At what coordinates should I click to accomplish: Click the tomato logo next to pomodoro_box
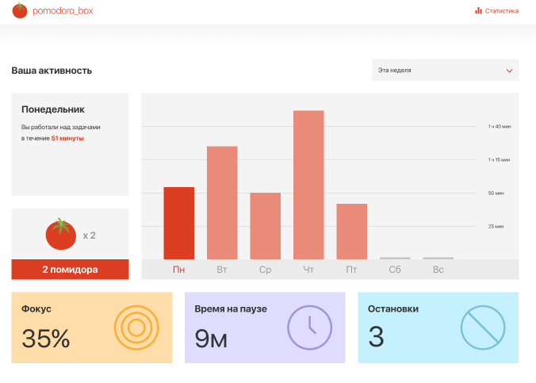point(20,11)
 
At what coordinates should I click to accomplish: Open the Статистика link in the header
point(497,11)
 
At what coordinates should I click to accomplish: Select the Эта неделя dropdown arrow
point(509,71)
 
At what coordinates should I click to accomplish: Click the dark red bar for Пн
point(178,223)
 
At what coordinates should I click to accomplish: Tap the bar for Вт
point(222,202)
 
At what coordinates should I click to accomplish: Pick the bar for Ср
point(265,226)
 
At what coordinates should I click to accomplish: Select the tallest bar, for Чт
point(308,184)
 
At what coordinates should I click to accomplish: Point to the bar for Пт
point(351,231)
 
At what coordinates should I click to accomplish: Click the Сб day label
point(395,270)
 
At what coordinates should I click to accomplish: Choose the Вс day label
point(438,270)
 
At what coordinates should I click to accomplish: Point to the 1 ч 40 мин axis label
point(500,127)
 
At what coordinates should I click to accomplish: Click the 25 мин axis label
point(496,227)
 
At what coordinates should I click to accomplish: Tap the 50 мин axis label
point(496,193)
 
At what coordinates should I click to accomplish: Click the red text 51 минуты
point(67,138)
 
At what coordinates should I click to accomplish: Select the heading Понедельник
point(53,109)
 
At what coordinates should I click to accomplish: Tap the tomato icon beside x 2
point(60,234)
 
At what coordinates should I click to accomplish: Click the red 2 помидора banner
point(70,270)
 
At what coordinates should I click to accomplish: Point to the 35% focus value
point(46,339)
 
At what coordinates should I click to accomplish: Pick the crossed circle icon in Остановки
point(482,327)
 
